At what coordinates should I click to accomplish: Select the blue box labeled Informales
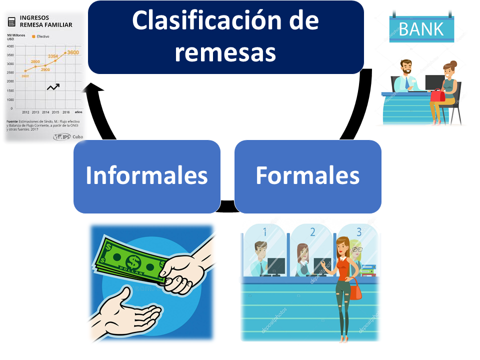pyautogui.click(x=146, y=175)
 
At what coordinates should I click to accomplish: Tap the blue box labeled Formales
pyautogui.click(x=307, y=175)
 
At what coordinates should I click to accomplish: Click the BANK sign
pyautogui.click(x=421, y=28)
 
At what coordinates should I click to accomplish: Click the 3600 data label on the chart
pyautogui.click(x=73, y=52)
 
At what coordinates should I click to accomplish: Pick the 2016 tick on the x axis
pyautogui.click(x=65, y=112)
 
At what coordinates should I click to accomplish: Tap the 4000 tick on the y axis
pyautogui.click(x=10, y=45)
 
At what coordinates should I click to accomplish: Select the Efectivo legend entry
pyautogui.click(x=41, y=36)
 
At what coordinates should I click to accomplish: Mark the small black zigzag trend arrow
pyautogui.click(x=53, y=87)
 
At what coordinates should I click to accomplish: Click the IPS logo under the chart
pyautogui.click(x=61, y=137)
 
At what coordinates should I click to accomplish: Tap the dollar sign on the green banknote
pyautogui.click(x=133, y=261)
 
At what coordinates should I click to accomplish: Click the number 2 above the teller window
pyautogui.click(x=312, y=231)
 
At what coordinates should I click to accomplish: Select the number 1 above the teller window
pyautogui.click(x=264, y=231)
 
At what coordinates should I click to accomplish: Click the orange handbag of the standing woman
pyautogui.click(x=354, y=289)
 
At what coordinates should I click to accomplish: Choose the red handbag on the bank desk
pyautogui.click(x=437, y=95)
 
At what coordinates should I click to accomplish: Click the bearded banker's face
pyautogui.click(x=406, y=68)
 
